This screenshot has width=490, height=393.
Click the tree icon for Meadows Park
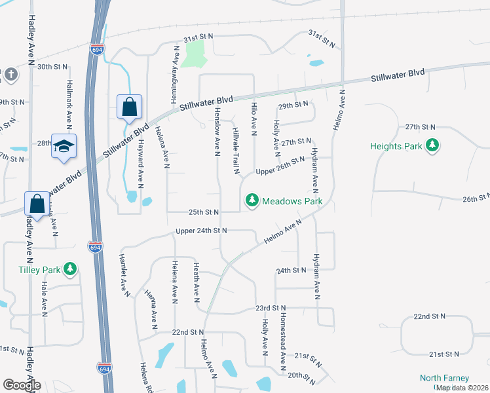coord(252,201)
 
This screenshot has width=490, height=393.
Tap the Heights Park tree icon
coord(432,145)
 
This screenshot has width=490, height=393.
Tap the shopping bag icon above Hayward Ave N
coord(129,106)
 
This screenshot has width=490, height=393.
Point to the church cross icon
coord(10,75)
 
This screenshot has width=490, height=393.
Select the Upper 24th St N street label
coord(201,231)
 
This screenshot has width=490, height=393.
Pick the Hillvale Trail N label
coord(237,151)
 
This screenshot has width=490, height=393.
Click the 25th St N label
coord(204,212)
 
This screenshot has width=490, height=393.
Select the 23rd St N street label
coord(271,307)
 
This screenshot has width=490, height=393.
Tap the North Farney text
coord(444,378)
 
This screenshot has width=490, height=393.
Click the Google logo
coord(22,384)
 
